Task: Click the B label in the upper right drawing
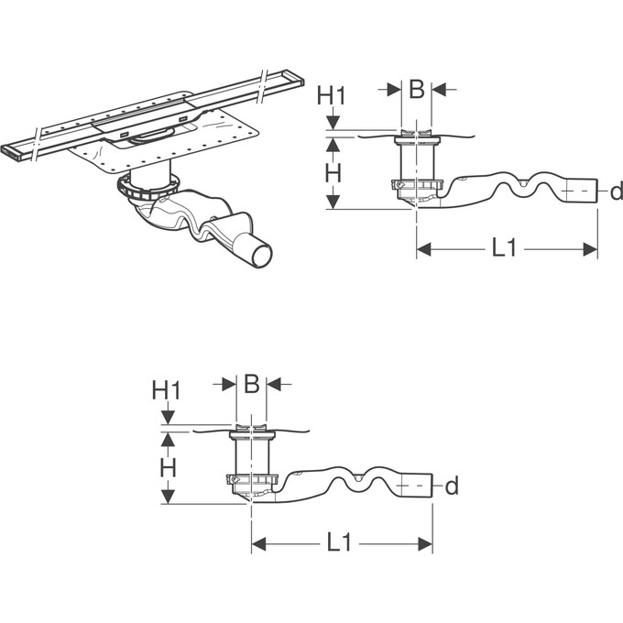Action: (416, 90)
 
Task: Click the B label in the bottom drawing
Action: (251, 384)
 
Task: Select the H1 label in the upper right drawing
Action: (332, 96)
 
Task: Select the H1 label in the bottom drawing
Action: (167, 390)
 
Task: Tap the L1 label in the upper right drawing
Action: (504, 248)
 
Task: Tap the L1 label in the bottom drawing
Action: (339, 542)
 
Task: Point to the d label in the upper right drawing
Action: (617, 191)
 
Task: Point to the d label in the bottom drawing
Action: (452, 486)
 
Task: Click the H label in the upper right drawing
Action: (333, 173)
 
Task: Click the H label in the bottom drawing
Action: (168, 468)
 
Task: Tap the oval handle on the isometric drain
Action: (153, 136)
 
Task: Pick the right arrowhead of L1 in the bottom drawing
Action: (425, 543)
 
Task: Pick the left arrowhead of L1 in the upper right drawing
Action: (424, 249)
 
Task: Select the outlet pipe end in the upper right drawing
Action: (580, 191)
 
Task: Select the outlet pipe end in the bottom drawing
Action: (415, 486)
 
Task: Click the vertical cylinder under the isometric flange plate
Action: (150, 175)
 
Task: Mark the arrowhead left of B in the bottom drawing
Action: (229, 384)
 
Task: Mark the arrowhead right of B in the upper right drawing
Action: (438, 90)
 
